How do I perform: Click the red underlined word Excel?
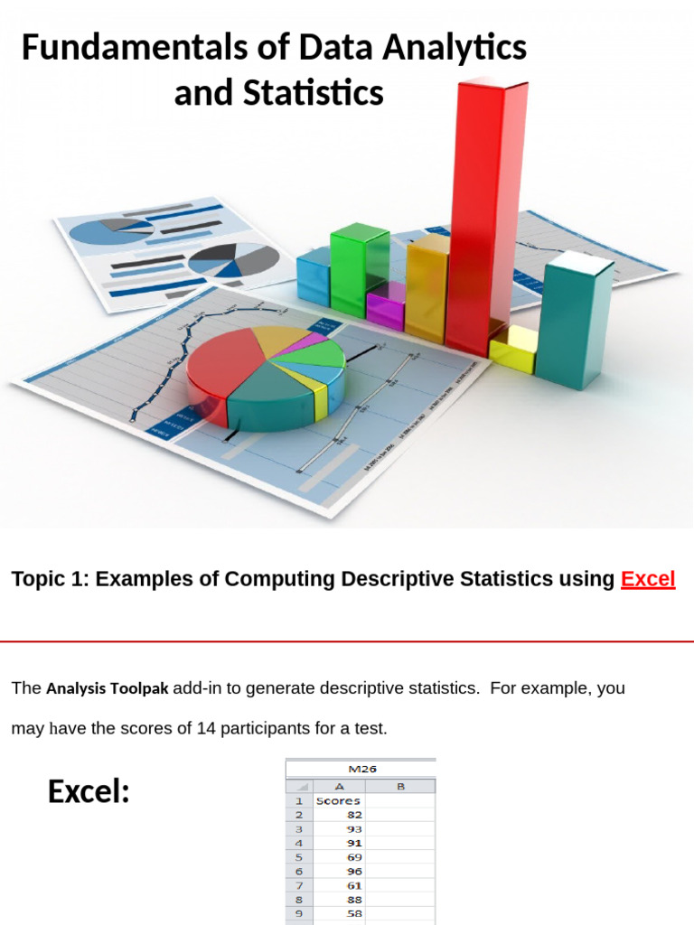point(648,579)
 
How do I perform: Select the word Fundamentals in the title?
point(112,48)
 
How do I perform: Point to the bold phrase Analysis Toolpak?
point(107,688)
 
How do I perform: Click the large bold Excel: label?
point(89,792)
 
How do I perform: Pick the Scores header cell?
point(338,800)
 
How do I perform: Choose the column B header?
point(400,786)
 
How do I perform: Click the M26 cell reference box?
point(361,770)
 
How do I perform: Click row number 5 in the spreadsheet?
point(298,856)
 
